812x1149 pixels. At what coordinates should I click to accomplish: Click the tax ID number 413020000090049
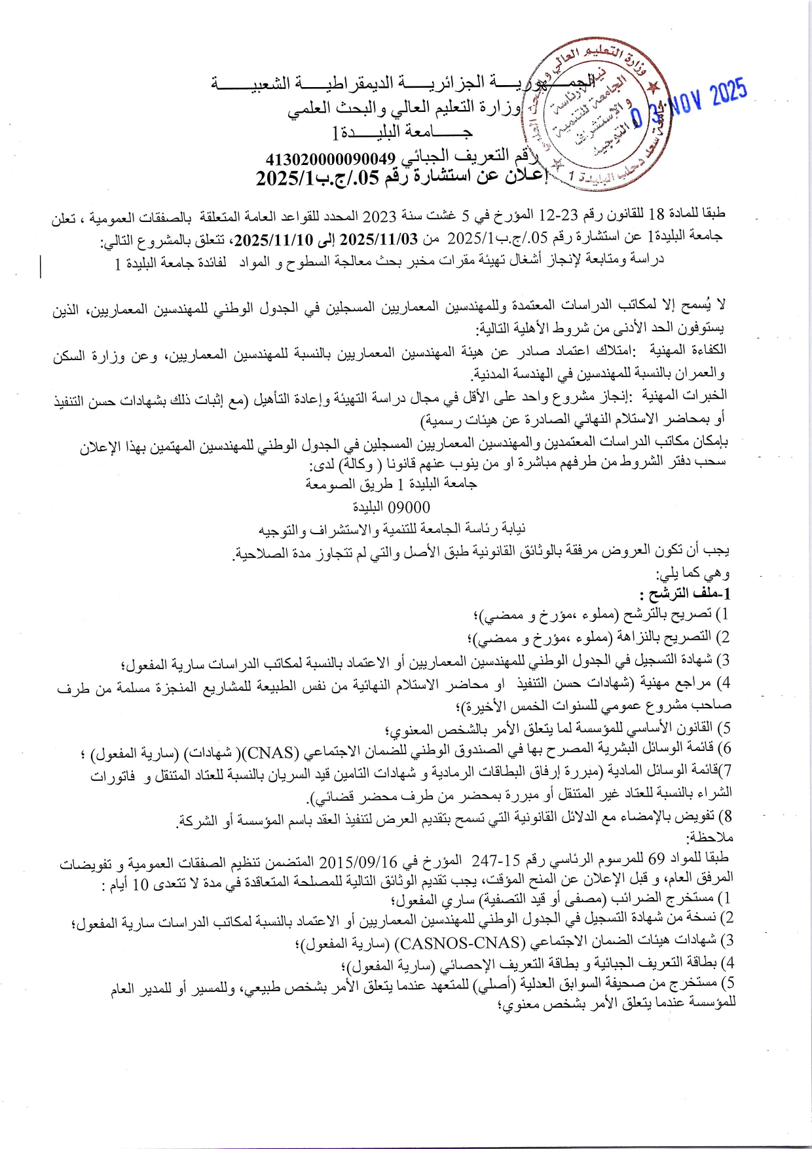331,159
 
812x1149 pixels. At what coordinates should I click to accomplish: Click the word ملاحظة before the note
710,837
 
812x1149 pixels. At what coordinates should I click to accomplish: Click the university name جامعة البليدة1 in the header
403,132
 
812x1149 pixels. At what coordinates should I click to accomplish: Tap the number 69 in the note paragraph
657,858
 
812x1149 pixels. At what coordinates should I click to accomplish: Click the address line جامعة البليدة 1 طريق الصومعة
392,484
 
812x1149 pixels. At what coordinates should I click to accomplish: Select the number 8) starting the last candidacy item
724,816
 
